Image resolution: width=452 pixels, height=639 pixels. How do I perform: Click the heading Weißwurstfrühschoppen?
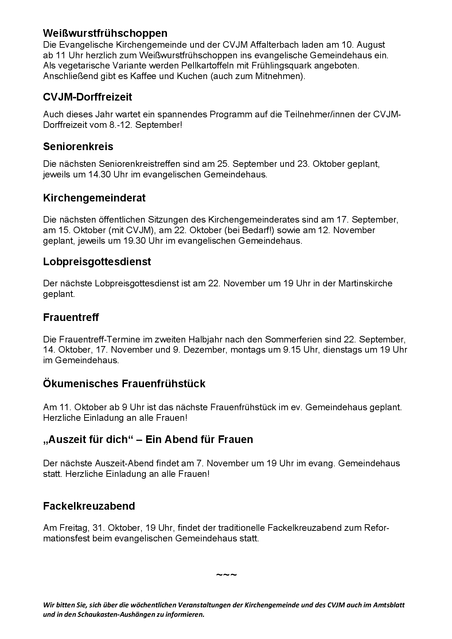105,33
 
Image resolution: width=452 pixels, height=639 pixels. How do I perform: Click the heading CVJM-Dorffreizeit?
87,97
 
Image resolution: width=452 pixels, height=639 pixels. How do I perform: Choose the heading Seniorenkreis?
78,146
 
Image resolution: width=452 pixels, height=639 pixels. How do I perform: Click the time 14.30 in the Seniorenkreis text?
99,175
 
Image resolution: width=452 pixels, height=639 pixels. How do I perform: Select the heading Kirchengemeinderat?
94,198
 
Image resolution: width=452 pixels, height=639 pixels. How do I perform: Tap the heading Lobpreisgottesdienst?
97,262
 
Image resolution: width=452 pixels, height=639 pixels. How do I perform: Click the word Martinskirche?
365,283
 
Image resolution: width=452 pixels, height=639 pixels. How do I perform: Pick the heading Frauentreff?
71,317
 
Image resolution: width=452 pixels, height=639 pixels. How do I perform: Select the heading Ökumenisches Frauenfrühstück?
124,384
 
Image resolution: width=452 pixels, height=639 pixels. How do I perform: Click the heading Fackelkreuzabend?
89,506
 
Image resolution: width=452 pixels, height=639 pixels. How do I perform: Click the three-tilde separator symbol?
226,576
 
